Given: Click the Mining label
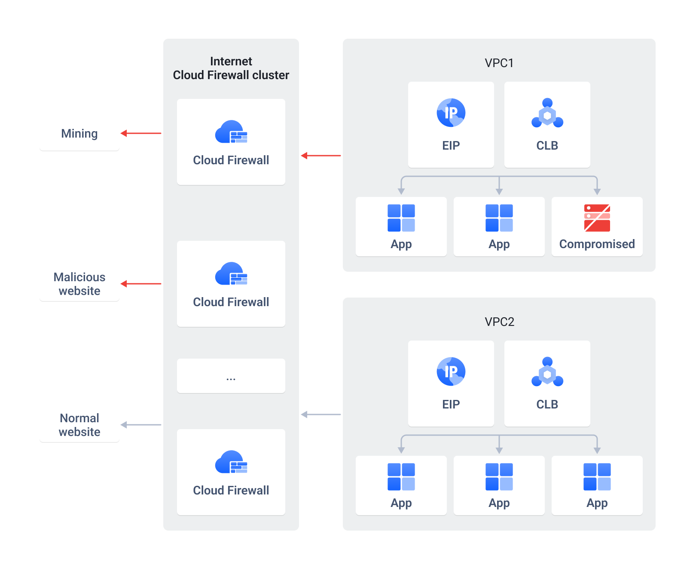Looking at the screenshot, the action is coord(79,134).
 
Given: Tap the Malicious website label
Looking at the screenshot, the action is coord(79,284).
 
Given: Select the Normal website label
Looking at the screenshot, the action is coord(79,425).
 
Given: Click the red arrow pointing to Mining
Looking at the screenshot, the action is coord(141,133).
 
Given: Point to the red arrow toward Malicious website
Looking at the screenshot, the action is coord(141,284).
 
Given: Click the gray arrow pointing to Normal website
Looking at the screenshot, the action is coord(141,425).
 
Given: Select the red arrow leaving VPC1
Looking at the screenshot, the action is coord(321,156).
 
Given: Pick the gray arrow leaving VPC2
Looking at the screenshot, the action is coord(321,414).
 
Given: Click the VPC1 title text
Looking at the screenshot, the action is coord(499,63).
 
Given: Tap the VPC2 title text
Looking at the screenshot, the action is coord(499,322).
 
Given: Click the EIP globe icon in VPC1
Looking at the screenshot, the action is coord(451,113).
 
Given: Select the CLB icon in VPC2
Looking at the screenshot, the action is coord(547,371).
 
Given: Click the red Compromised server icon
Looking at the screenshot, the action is coord(597,218).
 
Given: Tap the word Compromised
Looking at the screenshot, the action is coord(597,244).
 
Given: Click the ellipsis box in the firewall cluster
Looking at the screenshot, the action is coord(231,376).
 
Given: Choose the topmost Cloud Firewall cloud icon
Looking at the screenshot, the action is coord(231,132).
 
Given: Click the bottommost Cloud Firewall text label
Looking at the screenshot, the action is coord(231,491).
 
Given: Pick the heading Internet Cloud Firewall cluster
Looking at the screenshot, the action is coord(231,68).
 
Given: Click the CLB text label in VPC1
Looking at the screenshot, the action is coord(547,146).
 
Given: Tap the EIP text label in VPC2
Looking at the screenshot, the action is coord(451,405).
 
